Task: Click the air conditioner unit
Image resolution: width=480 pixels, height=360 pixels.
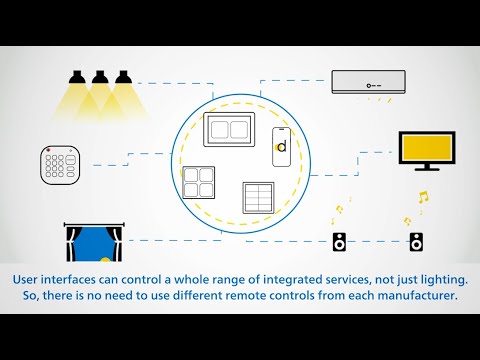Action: tap(370, 82)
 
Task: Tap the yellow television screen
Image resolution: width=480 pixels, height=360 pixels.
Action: tap(428, 148)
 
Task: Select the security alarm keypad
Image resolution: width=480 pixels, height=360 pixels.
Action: tap(60, 163)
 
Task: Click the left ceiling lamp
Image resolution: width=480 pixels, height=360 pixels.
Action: tap(76, 76)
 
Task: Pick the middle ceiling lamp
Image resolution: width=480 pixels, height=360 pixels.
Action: tap(100, 76)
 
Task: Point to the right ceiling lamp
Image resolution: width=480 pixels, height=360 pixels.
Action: tap(124, 76)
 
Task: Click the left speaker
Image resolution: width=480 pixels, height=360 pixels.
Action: tap(339, 241)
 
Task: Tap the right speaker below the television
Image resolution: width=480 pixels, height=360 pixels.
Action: tap(416, 241)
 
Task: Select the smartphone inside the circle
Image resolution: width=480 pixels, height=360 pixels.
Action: tap(281, 146)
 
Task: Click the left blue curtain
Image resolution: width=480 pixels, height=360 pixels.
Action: tap(75, 242)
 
